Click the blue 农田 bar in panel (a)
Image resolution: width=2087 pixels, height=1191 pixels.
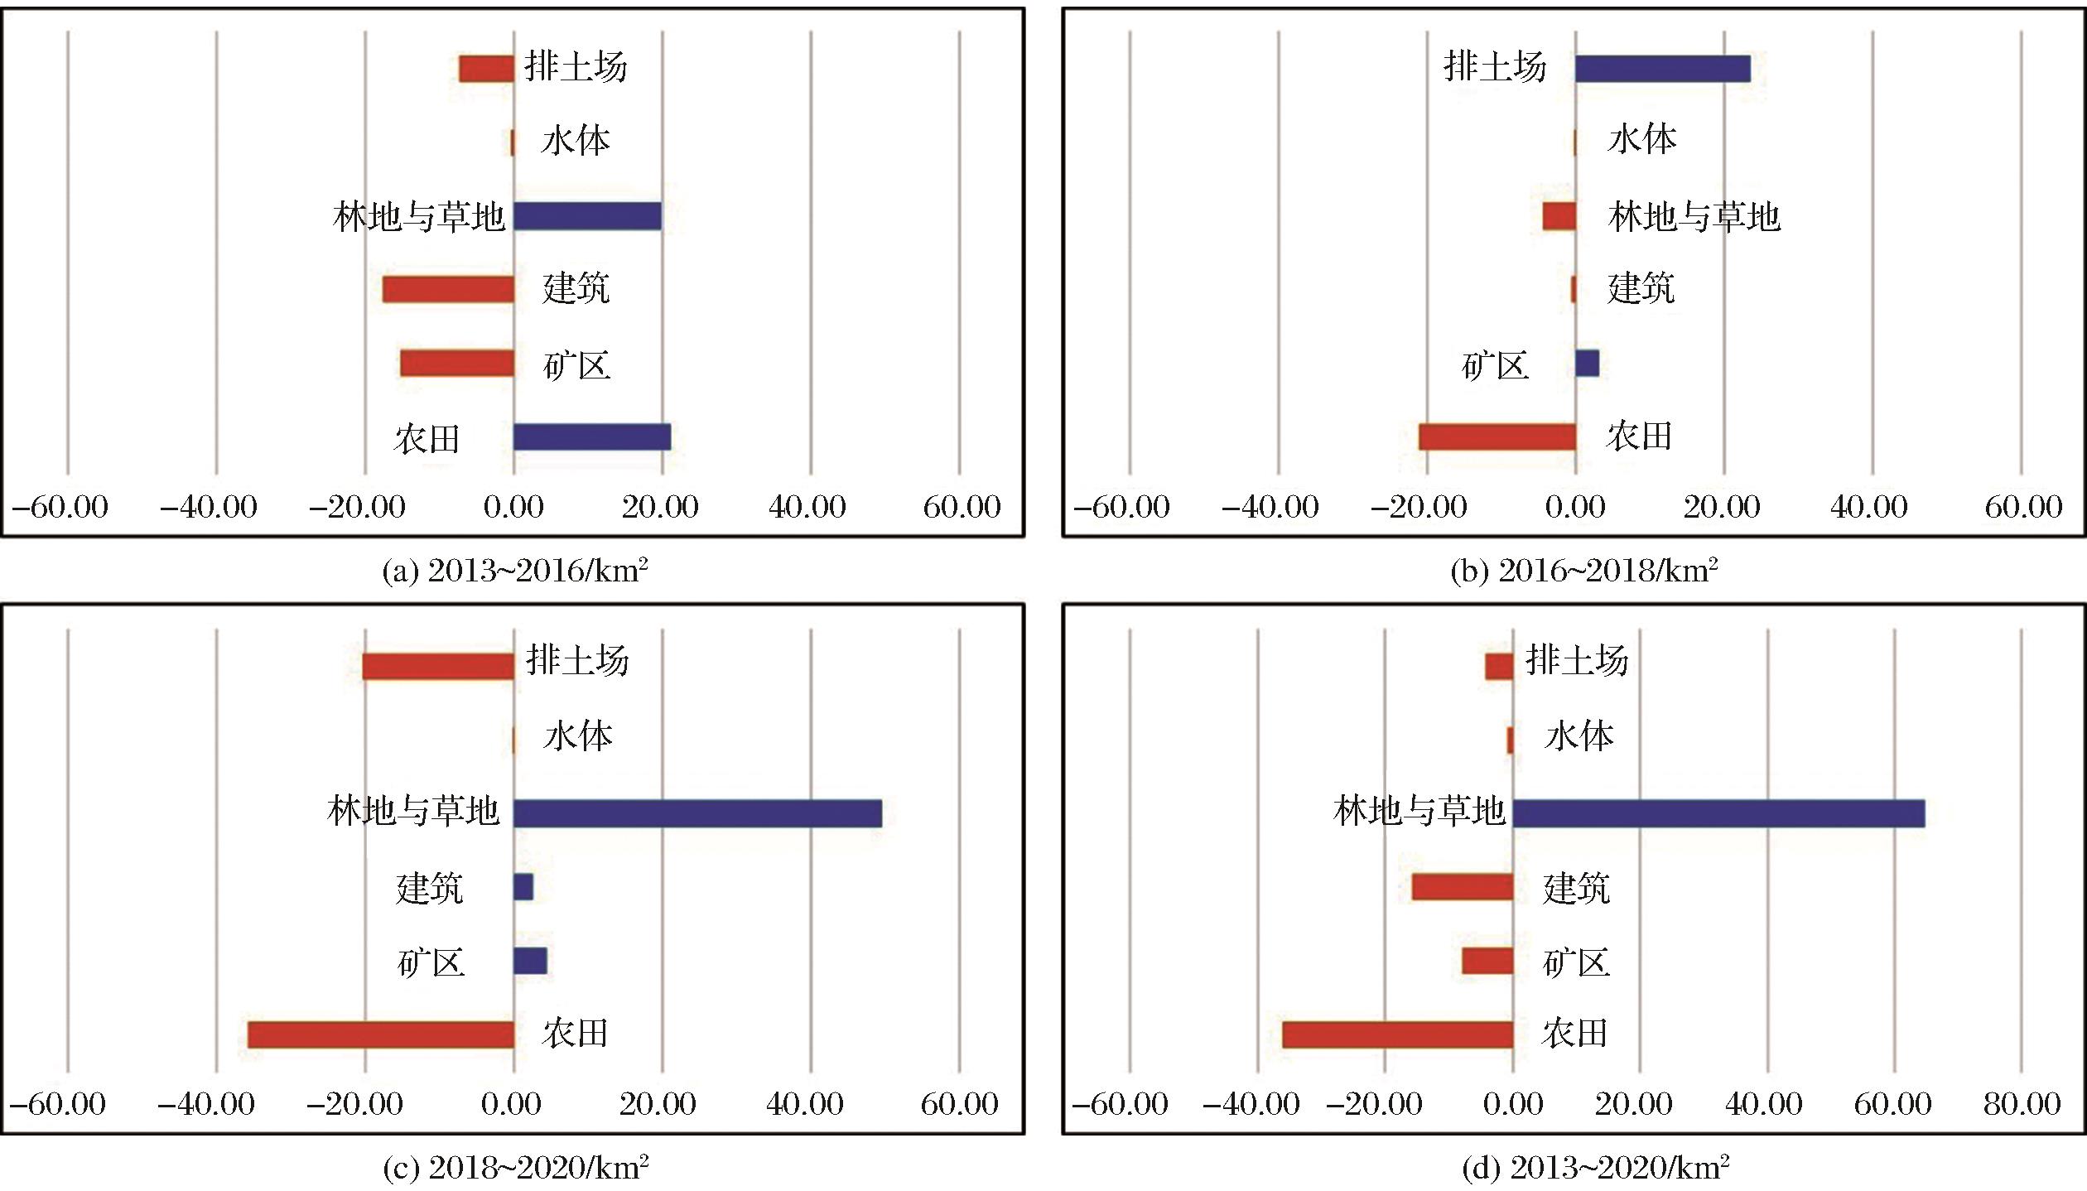591,436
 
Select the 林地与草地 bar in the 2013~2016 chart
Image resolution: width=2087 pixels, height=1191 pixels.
587,216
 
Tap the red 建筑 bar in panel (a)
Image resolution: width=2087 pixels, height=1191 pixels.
448,289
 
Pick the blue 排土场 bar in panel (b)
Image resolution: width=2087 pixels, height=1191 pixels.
1662,69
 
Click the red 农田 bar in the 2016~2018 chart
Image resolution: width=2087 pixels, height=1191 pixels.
1497,436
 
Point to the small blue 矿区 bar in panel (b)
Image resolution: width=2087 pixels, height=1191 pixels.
1587,363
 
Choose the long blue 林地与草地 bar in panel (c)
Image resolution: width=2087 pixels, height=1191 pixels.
697,813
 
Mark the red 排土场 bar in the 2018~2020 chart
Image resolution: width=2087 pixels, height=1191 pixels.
438,666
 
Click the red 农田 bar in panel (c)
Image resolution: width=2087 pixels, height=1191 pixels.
381,1034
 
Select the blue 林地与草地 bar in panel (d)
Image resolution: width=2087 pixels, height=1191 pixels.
1718,813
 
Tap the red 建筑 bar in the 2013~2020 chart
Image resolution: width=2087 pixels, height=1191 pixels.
1463,887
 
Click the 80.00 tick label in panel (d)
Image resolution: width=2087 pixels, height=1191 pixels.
2022,1104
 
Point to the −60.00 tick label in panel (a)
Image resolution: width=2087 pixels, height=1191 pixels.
60,507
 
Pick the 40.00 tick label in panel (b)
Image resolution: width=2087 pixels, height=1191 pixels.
1869,507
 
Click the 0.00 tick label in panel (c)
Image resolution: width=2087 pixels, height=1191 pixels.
511,1104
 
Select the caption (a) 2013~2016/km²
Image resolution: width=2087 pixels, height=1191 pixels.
514,571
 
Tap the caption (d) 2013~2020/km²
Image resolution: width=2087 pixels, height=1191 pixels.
1595,1168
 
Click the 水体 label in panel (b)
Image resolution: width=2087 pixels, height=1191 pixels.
1641,139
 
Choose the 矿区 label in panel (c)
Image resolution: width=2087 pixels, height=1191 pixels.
431,962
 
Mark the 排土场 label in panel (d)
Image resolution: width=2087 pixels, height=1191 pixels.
1576,661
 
